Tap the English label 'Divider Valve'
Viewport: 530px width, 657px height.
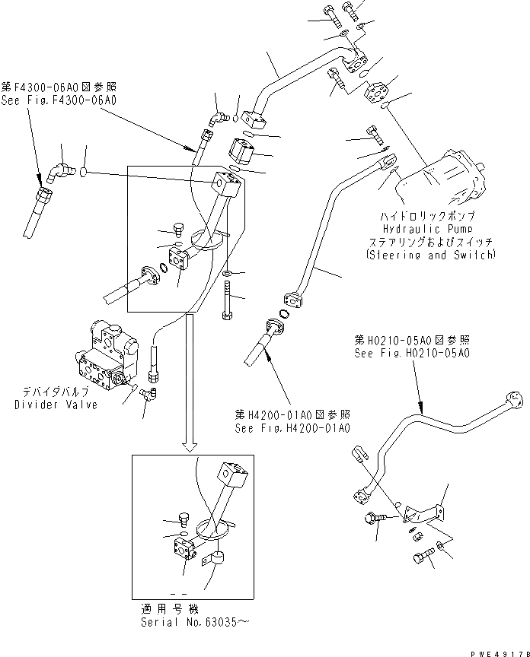[56, 405]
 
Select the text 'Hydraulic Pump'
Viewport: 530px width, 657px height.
[429, 227]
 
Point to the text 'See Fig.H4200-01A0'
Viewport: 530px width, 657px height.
[292, 428]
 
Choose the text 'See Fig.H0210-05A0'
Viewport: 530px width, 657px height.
[411, 354]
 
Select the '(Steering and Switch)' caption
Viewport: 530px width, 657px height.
[430, 255]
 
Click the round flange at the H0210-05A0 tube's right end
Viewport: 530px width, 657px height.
[512, 398]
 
